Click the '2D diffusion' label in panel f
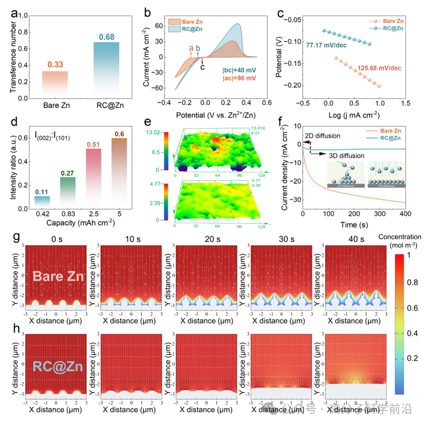click(323, 136)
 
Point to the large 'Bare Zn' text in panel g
click(57, 278)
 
